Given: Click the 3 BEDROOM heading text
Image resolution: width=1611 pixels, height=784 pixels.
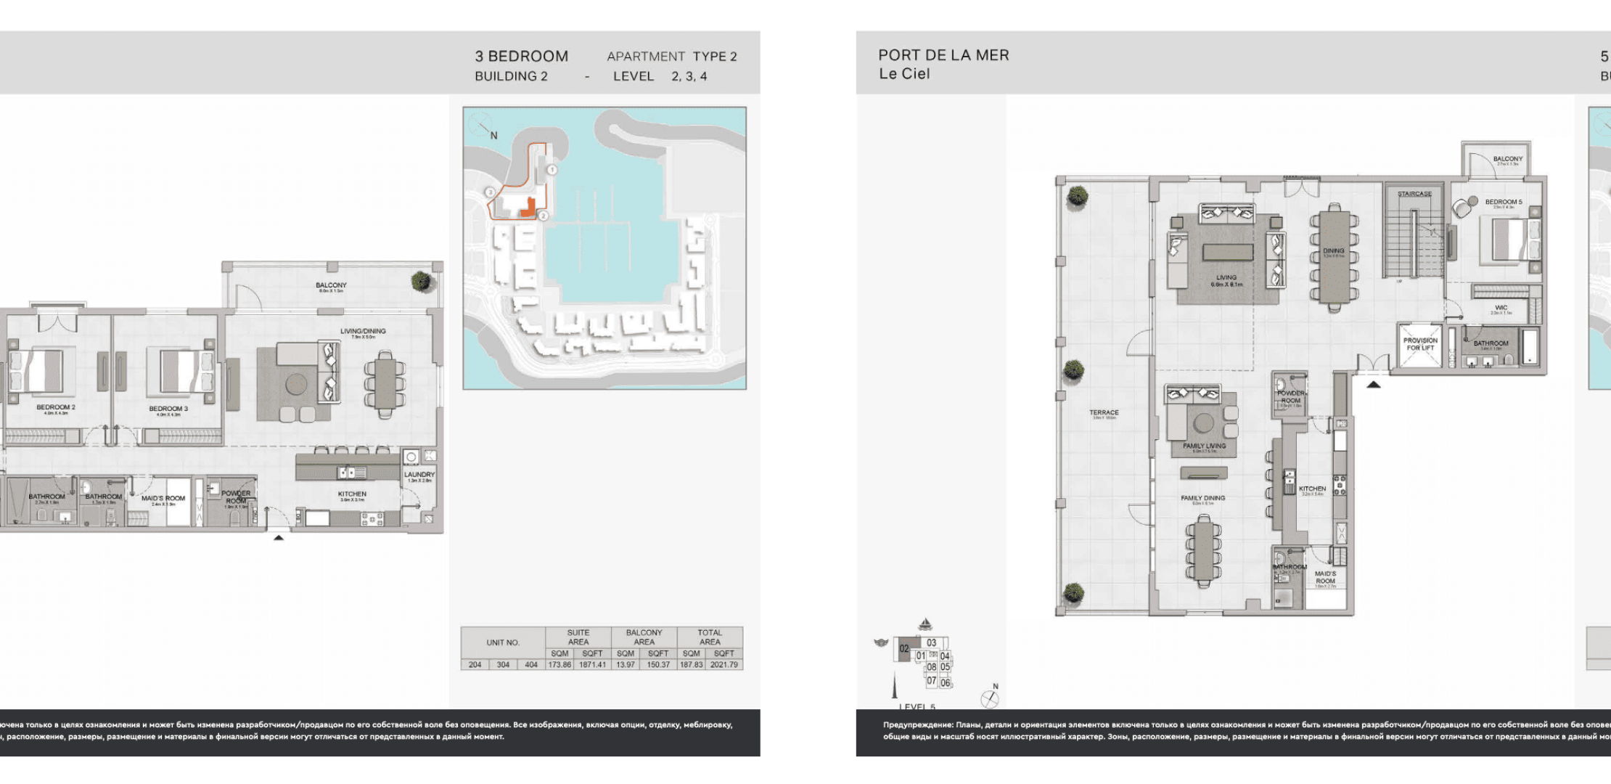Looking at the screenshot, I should (x=521, y=57).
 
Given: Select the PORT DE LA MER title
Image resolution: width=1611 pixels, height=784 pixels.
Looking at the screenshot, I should (x=943, y=55).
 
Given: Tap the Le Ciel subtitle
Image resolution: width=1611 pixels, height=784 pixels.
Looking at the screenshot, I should (x=904, y=74).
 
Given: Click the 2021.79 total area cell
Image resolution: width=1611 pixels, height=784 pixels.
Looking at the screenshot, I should (x=723, y=665).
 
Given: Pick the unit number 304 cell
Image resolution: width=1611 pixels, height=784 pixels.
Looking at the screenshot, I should (x=503, y=665).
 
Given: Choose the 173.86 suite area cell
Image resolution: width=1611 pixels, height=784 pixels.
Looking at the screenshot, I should (x=559, y=665).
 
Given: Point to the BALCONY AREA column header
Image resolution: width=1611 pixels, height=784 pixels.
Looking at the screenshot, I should (x=644, y=637).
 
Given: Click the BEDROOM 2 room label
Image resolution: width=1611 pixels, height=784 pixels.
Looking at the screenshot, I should (x=56, y=407).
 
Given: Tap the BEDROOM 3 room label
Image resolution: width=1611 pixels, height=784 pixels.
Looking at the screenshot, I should (x=168, y=409).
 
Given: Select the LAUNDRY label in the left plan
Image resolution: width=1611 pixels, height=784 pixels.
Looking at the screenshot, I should (x=419, y=475).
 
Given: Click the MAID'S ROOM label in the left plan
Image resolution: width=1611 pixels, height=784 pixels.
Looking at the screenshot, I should (x=163, y=499).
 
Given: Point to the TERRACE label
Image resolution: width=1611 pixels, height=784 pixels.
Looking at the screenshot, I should (x=1104, y=412).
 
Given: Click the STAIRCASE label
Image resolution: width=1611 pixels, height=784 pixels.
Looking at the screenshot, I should (x=1414, y=194).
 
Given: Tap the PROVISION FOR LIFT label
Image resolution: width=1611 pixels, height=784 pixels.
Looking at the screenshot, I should (x=1420, y=344).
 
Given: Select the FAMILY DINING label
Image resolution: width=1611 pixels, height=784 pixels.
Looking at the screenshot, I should (x=1202, y=498).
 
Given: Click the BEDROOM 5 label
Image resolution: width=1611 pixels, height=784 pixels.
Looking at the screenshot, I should (x=1504, y=202).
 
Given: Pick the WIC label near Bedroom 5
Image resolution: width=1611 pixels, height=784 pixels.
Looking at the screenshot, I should (x=1501, y=308).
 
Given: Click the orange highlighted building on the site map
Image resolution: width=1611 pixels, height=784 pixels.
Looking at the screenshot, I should (x=528, y=208).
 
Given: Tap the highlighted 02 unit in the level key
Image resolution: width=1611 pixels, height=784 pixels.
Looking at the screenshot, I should (x=904, y=649).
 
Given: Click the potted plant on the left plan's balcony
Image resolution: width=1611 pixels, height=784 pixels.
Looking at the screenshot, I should (x=421, y=281).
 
